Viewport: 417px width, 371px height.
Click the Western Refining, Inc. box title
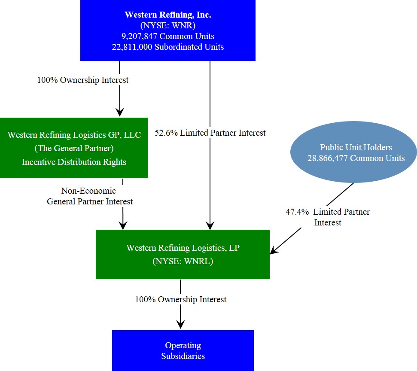(167, 15)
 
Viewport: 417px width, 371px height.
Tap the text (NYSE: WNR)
(167, 25)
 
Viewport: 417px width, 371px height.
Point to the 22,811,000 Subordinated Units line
(167, 47)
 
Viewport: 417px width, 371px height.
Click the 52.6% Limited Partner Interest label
(210, 133)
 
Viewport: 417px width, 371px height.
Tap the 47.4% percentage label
(297, 212)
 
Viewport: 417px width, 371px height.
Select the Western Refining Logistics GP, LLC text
(74, 135)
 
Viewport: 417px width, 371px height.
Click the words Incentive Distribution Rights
(74, 162)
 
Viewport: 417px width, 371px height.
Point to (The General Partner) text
(74, 149)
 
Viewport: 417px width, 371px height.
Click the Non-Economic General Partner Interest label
(89, 196)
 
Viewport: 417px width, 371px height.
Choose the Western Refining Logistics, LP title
(183, 248)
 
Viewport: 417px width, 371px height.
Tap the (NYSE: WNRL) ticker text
(183, 262)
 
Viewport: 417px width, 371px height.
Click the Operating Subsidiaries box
(183, 350)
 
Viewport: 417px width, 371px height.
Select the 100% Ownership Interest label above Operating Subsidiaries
(180, 299)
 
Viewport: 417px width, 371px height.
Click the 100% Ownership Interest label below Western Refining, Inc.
(83, 80)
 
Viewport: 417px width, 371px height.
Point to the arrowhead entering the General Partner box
(119, 112)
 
